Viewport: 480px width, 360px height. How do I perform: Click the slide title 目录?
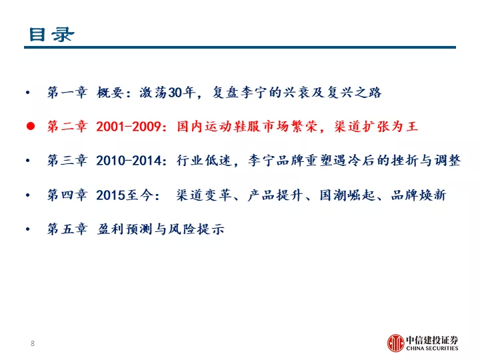pos(51,34)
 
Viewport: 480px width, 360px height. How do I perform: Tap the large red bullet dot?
pos(31,126)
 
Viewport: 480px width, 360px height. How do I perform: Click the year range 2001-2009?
pos(129,127)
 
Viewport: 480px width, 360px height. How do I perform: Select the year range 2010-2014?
pos(129,161)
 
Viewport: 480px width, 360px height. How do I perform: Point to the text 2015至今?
pos(125,195)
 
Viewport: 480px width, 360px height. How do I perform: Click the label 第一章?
pos(67,92)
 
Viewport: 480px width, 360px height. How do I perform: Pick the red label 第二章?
pos(67,126)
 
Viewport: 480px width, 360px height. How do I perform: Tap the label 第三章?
pos(67,161)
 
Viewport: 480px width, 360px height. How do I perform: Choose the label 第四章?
pos(67,195)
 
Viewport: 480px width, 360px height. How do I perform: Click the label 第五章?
pos(67,229)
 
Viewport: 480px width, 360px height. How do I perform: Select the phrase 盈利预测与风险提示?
pos(161,229)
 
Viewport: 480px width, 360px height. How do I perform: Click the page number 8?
pos(33,343)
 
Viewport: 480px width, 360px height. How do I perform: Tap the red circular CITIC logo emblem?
pos(395,343)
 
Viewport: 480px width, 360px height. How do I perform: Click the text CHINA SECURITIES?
pos(432,349)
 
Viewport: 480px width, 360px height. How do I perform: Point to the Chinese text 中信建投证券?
pos(432,339)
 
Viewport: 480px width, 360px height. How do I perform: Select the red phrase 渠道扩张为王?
pos(376,126)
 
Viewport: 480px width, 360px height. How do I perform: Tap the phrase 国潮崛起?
pos(347,195)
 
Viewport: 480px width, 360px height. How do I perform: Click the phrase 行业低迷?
pos(203,161)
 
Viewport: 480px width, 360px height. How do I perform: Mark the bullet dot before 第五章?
pos(28,229)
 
